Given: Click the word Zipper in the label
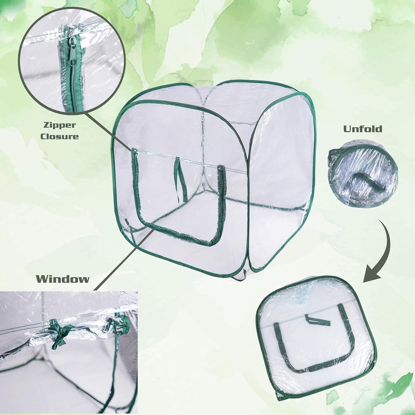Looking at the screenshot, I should point(59,125).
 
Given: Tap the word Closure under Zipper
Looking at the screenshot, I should point(59,136).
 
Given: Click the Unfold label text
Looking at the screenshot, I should point(363,129).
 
